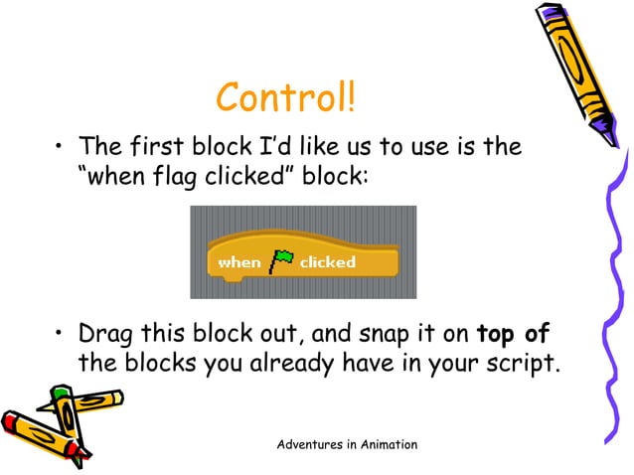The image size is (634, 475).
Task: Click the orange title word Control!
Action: point(284,98)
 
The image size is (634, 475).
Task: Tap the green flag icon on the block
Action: point(280,261)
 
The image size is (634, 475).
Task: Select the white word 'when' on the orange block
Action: point(238,262)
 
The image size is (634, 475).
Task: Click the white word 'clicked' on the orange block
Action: point(327,262)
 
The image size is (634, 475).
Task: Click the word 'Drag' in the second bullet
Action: point(106,333)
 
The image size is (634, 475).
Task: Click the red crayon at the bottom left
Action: point(30,437)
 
